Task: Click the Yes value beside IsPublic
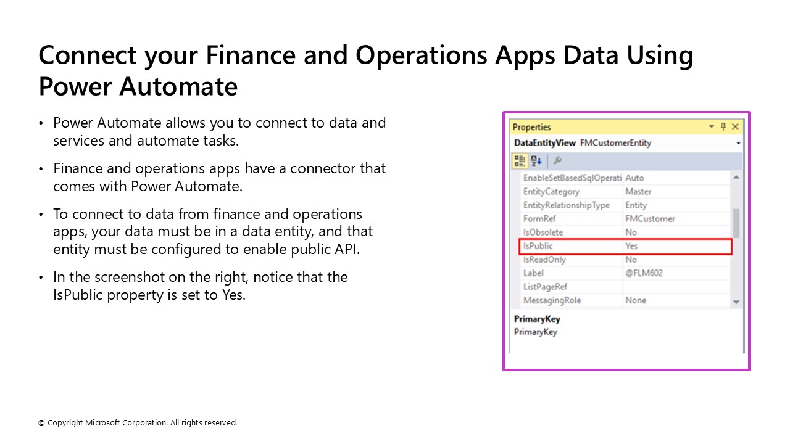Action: [x=631, y=246]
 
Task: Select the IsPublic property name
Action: [x=538, y=246]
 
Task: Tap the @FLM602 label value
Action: [x=644, y=273]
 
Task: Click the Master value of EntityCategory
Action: [x=638, y=192]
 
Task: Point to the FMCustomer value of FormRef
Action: [x=650, y=219]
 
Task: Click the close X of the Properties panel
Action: [x=735, y=126]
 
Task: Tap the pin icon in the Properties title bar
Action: [x=723, y=126]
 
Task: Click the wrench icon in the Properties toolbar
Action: [x=557, y=160]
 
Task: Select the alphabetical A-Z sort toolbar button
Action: [x=536, y=160]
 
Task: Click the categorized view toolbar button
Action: [x=520, y=160]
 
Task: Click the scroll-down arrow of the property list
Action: [x=736, y=302]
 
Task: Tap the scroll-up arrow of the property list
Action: [x=736, y=178]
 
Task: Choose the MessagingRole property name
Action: [x=552, y=300]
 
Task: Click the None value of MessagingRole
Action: [x=636, y=300]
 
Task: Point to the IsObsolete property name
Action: [x=543, y=232]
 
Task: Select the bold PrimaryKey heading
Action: [x=537, y=319]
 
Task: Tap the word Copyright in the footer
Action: [x=65, y=423]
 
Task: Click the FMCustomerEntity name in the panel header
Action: [x=615, y=143]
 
